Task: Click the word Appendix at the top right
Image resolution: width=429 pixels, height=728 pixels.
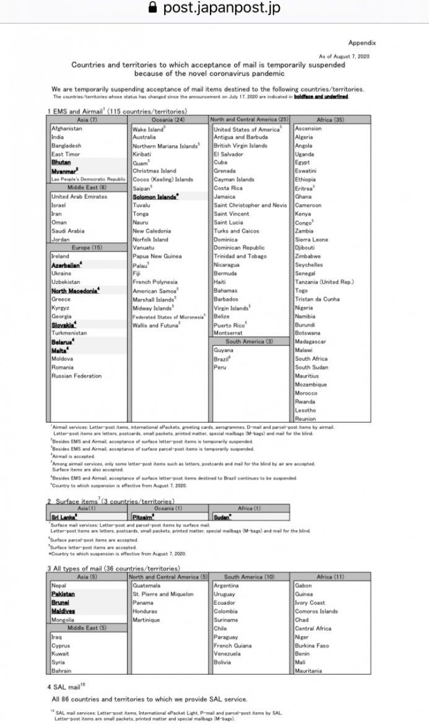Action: pyautogui.click(x=362, y=43)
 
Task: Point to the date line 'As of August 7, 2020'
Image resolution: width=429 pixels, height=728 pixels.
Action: pyautogui.click(x=344, y=56)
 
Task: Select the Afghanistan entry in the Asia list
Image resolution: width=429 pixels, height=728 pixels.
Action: pyautogui.click(x=67, y=129)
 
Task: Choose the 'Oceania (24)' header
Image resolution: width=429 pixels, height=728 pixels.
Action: pyautogui.click(x=168, y=119)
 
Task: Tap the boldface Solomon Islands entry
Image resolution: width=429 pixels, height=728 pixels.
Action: pyautogui.click(x=155, y=197)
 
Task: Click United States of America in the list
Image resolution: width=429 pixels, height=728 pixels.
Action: pyautogui.click(x=246, y=129)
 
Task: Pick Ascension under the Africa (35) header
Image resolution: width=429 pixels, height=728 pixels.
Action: pyautogui.click(x=308, y=129)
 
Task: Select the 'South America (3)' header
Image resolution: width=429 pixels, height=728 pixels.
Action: pyautogui.click(x=249, y=341)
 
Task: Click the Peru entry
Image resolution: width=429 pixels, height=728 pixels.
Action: pyautogui.click(x=220, y=367)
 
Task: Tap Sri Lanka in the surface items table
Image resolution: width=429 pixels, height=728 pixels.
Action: pyautogui.click(x=64, y=516)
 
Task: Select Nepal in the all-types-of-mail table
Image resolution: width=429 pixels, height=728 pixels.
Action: pyautogui.click(x=59, y=586)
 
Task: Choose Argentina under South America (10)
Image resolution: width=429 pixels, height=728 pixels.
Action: pyautogui.click(x=227, y=586)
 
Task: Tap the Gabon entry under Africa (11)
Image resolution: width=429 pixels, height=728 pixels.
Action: pyautogui.click(x=303, y=586)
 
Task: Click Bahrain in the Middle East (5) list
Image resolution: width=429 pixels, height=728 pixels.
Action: pyautogui.click(x=61, y=670)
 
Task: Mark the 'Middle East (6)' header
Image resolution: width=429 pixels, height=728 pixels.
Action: pyautogui.click(x=87, y=188)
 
